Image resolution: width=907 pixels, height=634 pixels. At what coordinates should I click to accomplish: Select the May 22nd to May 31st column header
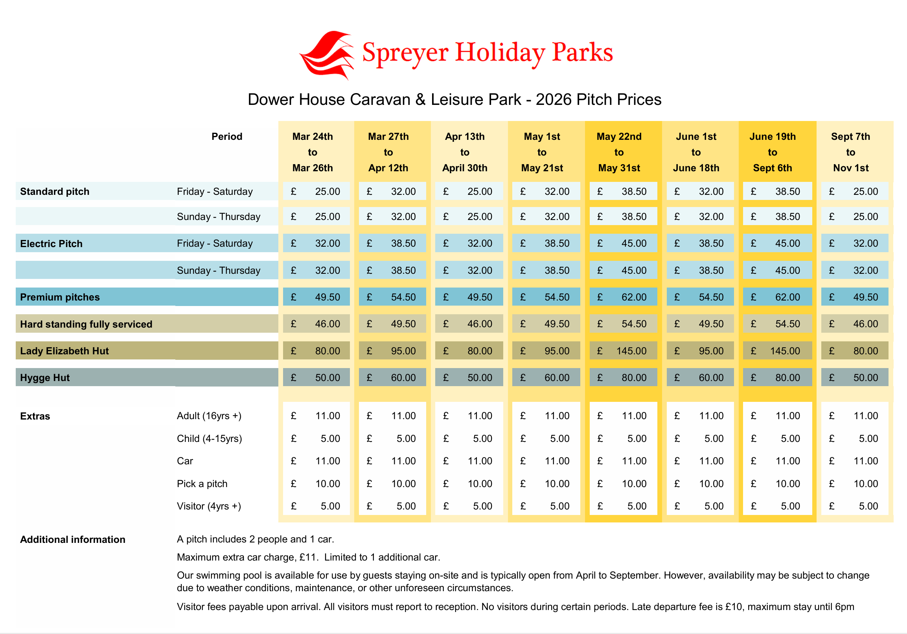pyautogui.click(x=619, y=152)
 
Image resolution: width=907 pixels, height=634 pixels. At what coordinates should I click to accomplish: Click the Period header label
pyautogui.click(x=226, y=137)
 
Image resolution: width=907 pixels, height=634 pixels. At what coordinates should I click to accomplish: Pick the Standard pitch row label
pyautogui.click(x=55, y=191)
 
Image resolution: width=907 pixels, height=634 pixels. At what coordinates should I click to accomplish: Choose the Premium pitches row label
pyautogui.click(x=60, y=297)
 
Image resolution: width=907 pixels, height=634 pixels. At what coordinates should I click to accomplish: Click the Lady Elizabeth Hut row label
pyautogui.click(x=64, y=351)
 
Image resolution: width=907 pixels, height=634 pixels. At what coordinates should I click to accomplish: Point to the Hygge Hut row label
pyautogui.click(x=45, y=378)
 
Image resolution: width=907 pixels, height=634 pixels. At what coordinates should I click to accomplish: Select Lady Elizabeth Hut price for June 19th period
pyautogui.click(x=777, y=351)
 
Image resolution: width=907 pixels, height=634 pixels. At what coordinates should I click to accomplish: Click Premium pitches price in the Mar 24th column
pyautogui.click(x=316, y=297)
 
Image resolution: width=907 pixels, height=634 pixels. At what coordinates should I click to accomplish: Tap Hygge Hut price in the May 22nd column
pyautogui.click(x=624, y=378)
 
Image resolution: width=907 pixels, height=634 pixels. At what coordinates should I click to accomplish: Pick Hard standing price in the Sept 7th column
pyautogui.click(x=855, y=324)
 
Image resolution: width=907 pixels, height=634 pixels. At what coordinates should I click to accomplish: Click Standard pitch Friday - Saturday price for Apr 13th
pyautogui.click(x=469, y=191)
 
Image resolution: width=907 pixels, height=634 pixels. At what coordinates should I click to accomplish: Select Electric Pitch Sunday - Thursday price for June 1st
pyautogui.click(x=700, y=270)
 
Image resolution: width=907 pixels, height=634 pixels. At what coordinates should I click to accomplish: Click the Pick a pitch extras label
pyautogui.click(x=202, y=484)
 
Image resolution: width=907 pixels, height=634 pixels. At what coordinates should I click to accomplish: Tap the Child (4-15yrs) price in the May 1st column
pyautogui.click(x=546, y=439)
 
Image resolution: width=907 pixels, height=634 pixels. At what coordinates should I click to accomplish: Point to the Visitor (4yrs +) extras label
pyautogui.click(x=209, y=506)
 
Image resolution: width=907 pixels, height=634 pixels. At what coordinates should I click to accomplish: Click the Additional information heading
pyautogui.click(x=73, y=540)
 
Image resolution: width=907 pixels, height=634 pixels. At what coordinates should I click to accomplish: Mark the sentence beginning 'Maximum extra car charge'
pyautogui.click(x=308, y=557)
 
